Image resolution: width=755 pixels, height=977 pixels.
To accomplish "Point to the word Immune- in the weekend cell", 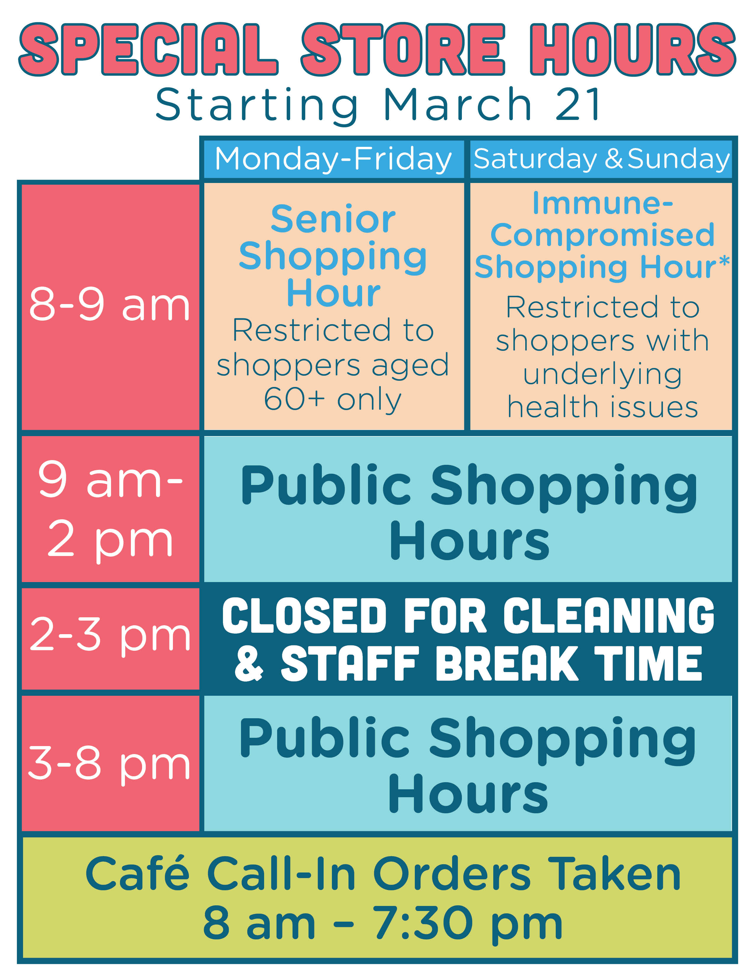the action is (x=603, y=204).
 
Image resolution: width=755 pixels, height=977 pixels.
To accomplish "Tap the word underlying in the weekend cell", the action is (x=603, y=376).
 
